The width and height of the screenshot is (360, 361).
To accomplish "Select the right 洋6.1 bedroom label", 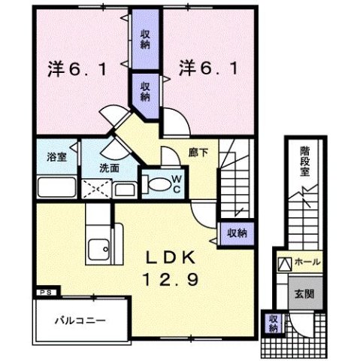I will pyautogui.click(x=210, y=68).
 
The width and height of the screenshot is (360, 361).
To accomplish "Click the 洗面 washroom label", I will pyautogui.click(x=110, y=168).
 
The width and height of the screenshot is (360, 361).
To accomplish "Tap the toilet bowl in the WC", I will pyautogui.click(x=158, y=183).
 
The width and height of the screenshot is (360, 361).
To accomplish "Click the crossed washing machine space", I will pyautogui.click(x=97, y=188).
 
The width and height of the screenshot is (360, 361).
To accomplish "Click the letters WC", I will pyautogui.click(x=174, y=182).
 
